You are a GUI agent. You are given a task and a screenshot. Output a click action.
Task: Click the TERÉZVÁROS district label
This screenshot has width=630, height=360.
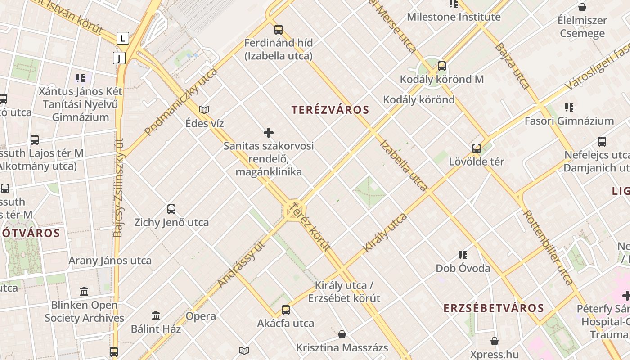tap(330, 110)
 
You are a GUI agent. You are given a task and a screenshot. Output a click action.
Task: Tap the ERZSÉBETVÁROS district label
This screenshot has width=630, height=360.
tap(494, 308)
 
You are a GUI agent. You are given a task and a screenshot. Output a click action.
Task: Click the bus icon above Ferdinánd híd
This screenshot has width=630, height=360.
tap(279, 30)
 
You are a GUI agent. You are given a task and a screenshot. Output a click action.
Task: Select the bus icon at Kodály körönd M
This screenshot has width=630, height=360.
tap(442, 66)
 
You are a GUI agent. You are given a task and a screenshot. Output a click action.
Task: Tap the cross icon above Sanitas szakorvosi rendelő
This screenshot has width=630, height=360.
tap(269, 133)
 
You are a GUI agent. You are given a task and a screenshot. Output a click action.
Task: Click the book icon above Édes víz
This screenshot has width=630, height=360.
tap(204, 110)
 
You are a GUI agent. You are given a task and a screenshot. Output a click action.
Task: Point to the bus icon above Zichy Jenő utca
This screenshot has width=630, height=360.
tap(171, 209)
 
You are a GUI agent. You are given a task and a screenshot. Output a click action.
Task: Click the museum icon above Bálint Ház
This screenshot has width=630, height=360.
tap(156, 315)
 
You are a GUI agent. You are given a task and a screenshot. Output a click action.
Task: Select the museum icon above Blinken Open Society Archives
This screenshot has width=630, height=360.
tap(84, 291)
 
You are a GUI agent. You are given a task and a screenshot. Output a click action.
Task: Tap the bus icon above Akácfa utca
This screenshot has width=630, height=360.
tap(286, 310)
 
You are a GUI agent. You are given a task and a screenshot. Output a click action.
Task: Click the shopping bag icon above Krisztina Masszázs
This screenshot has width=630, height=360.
tap(342, 334)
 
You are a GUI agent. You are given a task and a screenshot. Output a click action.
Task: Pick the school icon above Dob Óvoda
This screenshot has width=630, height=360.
tap(463, 255)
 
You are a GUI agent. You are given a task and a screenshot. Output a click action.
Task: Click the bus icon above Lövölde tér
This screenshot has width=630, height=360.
tap(477, 148)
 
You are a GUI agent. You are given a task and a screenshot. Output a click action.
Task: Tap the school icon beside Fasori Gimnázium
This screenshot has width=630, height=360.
tap(569, 108)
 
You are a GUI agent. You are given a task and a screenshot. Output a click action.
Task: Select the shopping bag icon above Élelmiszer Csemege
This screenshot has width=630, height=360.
tap(582, 7)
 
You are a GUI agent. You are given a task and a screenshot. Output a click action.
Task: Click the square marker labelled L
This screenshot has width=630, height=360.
tap(122, 38)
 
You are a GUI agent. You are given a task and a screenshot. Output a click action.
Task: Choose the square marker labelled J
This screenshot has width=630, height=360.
tap(119, 58)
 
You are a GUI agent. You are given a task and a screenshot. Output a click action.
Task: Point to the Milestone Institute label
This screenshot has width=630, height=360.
tap(454, 17)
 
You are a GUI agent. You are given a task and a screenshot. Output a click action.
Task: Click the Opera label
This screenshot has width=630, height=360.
tap(201, 316)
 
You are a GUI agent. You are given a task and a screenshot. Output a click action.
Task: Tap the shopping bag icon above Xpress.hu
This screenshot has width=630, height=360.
tap(495, 341)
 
